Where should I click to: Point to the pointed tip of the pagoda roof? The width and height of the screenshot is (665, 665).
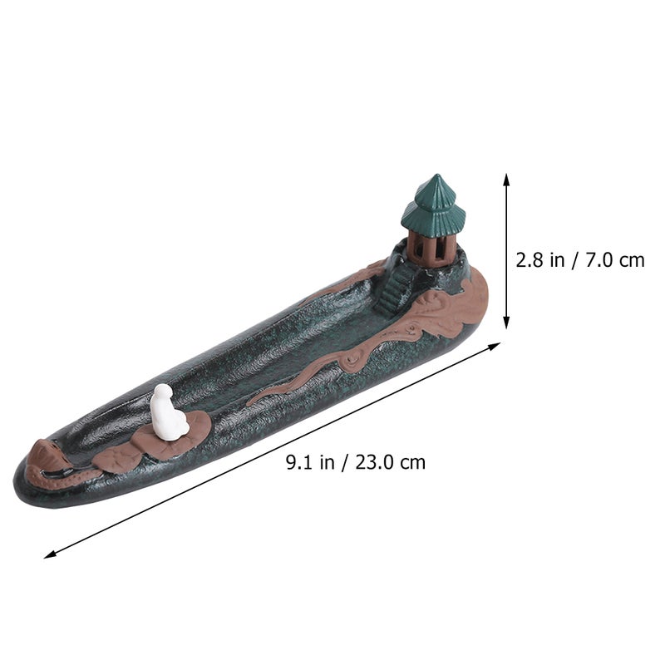(x=436, y=175)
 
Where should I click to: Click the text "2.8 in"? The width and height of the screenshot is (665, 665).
(x=541, y=260)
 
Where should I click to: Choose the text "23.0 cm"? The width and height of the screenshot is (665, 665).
(x=390, y=462)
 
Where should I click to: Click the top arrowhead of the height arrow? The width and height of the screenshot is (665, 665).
(x=506, y=178)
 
